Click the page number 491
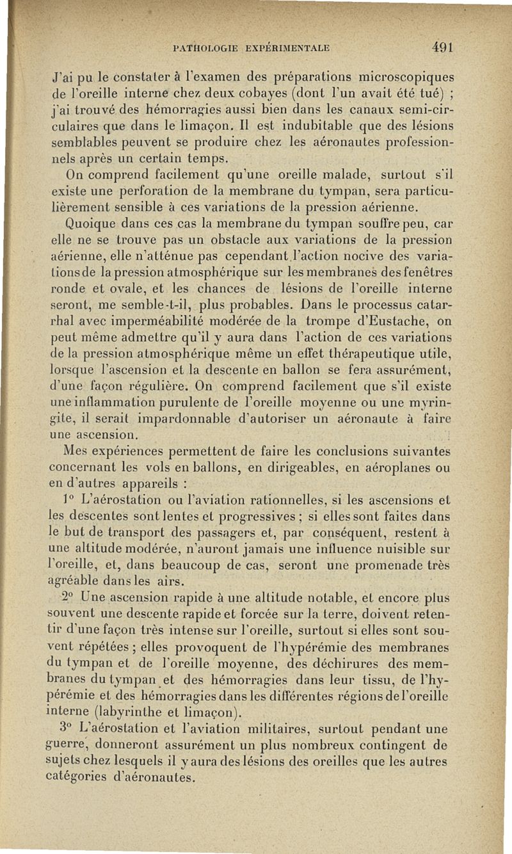[x=443, y=47]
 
